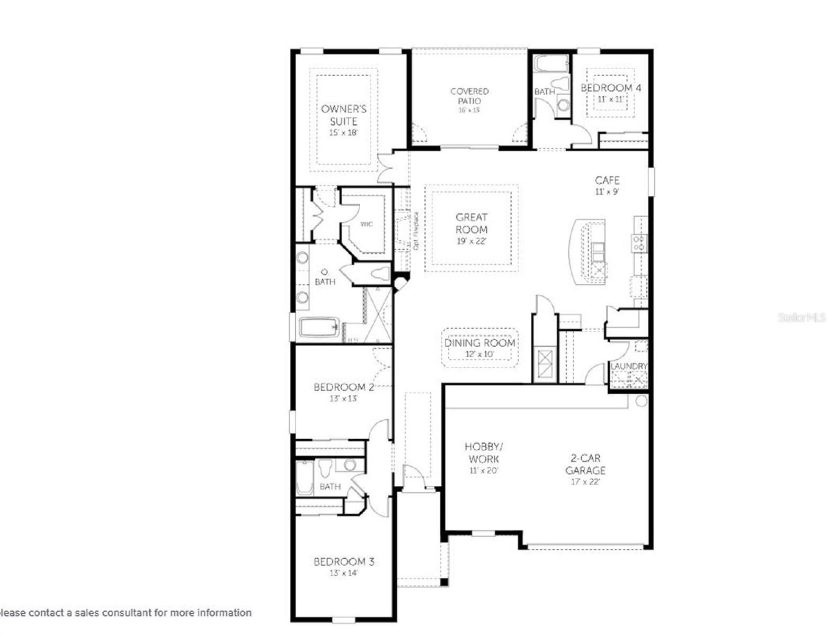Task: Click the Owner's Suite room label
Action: pos(343,115)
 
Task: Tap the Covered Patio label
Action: pos(469,96)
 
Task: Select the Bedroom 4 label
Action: pos(610,88)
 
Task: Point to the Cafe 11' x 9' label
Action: pos(607,186)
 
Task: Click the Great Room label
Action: pos(471,223)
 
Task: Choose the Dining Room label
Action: pos(479,343)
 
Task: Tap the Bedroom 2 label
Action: pos(343,387)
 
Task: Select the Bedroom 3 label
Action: pos(343,561)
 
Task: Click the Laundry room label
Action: pos(629,366)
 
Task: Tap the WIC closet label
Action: pos(367,224)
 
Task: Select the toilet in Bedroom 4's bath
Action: pos(559,85)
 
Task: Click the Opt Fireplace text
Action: pos(416,231)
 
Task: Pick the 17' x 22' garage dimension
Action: pos(585,482)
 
